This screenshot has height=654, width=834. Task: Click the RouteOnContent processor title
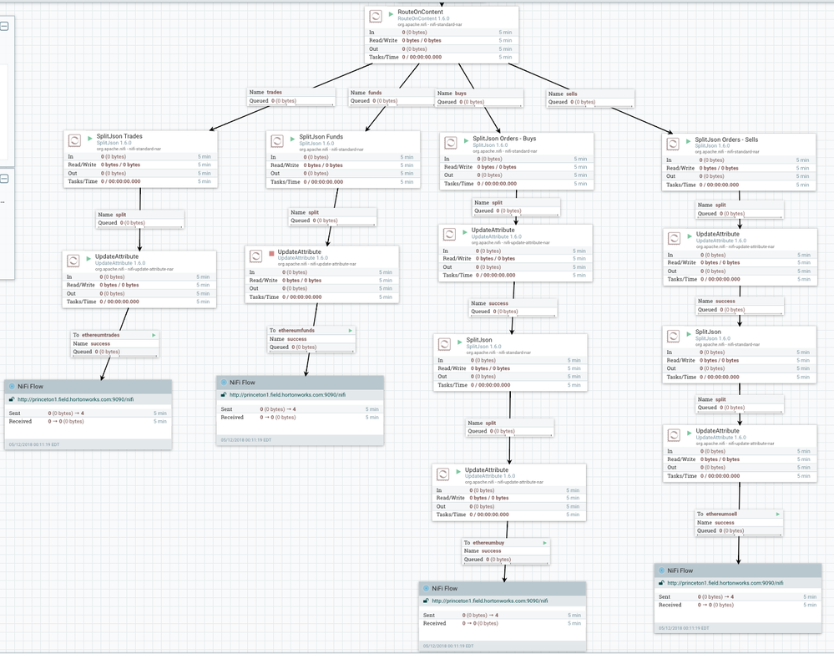tap(421, 12)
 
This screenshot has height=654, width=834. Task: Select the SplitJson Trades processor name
tap(119, 136)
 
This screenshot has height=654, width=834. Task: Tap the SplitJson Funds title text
tap(321, 137)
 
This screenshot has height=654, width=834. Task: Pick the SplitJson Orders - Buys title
tap(504, 139)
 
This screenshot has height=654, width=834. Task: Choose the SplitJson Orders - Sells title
tap(726, 139)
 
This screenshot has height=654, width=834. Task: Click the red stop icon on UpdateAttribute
tap(271, 252)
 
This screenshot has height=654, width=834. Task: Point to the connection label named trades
tap(274, 93)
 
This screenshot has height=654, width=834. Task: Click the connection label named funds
tap(375, 93)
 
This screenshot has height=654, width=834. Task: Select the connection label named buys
tap(460, 94)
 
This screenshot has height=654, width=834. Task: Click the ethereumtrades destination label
tap(101, 335)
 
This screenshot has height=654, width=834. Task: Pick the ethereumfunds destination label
tap(297, 330)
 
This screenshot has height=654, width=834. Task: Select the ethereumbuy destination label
tap(488, 543)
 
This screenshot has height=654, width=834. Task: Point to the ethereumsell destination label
tap(721, 514)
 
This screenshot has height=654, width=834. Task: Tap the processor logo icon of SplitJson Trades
tap(73, 140)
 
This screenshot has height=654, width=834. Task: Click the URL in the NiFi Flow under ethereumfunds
tap(287, 395)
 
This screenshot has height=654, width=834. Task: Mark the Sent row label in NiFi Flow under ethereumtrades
tap(15, 413)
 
